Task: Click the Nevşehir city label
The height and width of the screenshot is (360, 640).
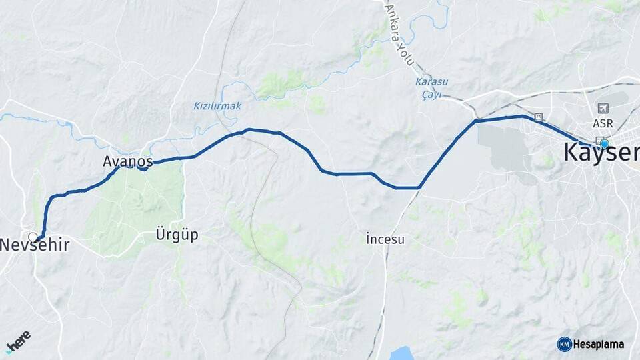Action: tap(35, 245)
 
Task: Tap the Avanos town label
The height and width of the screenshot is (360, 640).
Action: tap(128, 161)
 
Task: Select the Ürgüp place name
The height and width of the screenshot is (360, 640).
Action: tap(177, 235)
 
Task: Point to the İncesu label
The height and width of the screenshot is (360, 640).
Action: tap(385, 238)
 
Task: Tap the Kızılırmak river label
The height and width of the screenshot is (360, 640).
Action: tap(217, 106)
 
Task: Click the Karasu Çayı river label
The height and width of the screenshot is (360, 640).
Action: tap(432, 88)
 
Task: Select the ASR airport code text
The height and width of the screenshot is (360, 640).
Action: tap(603, 124)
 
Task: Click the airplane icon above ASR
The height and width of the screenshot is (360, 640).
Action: tap(603, 108)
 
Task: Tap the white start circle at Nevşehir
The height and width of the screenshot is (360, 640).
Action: tap(33, 237)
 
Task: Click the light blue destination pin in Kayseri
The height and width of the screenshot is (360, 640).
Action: tap(604, 143)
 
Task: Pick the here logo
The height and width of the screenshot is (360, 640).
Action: tap(18, 341)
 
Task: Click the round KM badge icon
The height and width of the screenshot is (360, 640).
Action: tap(564, 344)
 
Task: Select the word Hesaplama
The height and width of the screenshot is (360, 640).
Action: tap(599, 345)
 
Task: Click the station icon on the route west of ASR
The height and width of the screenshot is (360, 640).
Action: tap(539, 117)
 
